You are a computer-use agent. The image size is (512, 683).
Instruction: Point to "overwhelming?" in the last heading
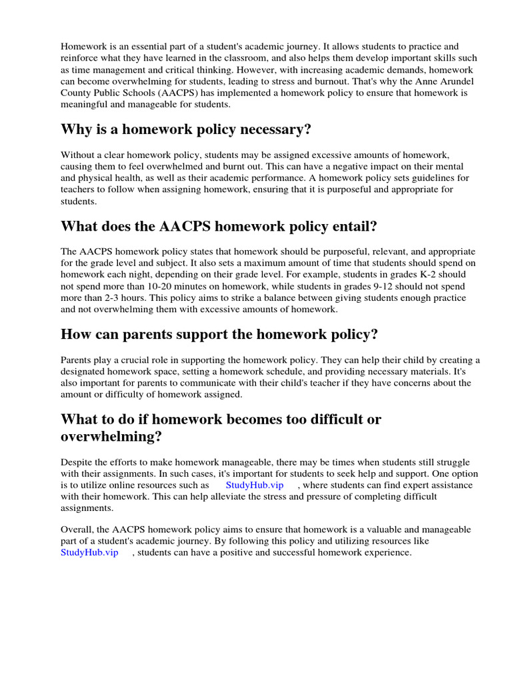point(111,438)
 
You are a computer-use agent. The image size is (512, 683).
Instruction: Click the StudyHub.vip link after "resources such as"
point(255,485)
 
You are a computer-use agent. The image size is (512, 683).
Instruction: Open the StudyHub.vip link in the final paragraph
point(89,552)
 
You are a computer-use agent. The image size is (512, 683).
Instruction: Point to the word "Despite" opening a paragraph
point(77,462)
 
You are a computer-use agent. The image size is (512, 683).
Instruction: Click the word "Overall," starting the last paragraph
point(79,530)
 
